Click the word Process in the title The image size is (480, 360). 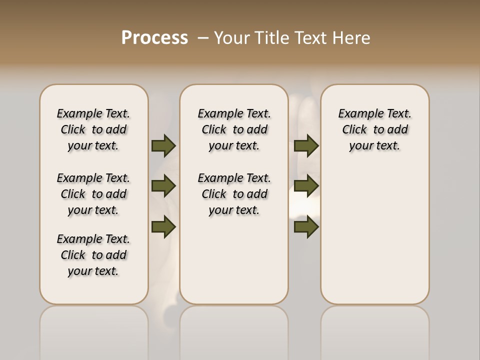pyautogui.click(x=154, y=38)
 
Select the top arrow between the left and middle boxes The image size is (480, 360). pyautogui.click(x=163, y=146)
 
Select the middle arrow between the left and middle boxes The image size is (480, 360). pyautogui.click(x=163, y=186)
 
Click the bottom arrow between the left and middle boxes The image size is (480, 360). pyautogui.click(x=163, y=227)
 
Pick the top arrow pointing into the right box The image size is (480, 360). pyautogui.click(x=306, y=146)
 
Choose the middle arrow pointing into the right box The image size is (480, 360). pyautogui.click(x=306, y=186)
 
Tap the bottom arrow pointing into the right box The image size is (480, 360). pyautogui.click(x=306, y=227)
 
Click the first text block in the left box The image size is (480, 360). pyautogui.click(x=93, y=129)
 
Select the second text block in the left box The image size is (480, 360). pyautogui.click(x=93, y=194)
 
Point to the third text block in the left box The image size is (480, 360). pyautogui.click(x=93, y=255)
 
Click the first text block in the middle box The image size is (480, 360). pyautogui.click(x=234, y=129)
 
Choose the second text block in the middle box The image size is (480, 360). pyautogui.click(x=234, y=194)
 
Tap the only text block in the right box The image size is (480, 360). pyautogui.click(x=374, y=129)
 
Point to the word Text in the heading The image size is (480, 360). pyautogui.click(x=310, y=38)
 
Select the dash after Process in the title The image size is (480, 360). pyautogui.click(x=203, y=38)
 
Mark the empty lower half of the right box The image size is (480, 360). pyautogui.click(x=374, y=240)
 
